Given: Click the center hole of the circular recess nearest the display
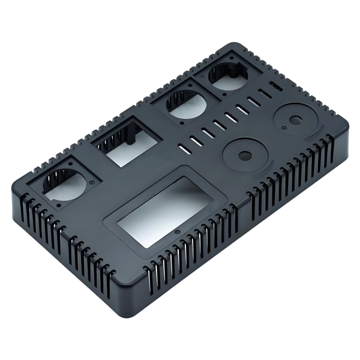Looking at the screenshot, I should tap(244, 155).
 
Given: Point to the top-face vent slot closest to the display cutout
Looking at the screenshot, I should tap(181, 145).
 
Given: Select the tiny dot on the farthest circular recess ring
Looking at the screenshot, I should tap(282, 127).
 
